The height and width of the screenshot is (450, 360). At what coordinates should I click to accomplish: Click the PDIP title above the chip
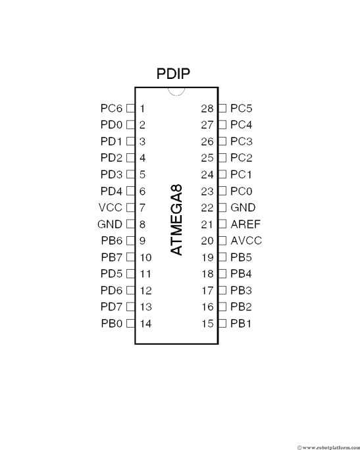[173, 74]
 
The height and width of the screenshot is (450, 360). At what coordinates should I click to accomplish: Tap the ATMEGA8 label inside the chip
[176, 220]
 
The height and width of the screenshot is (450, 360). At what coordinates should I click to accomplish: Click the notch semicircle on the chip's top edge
[176, 91]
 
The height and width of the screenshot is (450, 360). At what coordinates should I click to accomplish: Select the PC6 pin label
[111, 108]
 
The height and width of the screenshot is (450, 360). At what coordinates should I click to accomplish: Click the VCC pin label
[111, 207]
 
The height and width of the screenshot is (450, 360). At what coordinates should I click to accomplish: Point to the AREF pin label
[245, 224]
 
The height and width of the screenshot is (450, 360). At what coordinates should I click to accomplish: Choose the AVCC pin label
[246, 241]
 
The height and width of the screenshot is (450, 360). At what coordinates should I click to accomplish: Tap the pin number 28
[207, 109]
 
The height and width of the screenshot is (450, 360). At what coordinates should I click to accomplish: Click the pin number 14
[145, 324]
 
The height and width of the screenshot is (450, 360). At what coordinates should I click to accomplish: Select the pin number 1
[142, 109]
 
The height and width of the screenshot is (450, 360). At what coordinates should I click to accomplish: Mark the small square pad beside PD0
[130, 125]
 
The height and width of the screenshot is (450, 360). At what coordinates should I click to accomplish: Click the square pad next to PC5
[222, 108]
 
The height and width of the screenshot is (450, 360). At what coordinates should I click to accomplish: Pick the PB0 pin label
[112, 324]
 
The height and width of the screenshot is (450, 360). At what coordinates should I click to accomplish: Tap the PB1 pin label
[241, 324]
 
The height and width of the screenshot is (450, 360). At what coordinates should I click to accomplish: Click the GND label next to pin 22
[243, 207]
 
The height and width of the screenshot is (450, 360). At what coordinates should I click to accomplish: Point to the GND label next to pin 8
[110, 224]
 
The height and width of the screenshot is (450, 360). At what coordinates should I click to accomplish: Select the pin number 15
[207, 324]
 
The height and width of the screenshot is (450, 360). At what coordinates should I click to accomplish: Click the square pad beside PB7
[130, 257]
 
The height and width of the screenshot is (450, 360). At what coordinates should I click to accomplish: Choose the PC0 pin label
[241, 191]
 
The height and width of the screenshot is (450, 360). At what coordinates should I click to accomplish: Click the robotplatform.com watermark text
[328, 447]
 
